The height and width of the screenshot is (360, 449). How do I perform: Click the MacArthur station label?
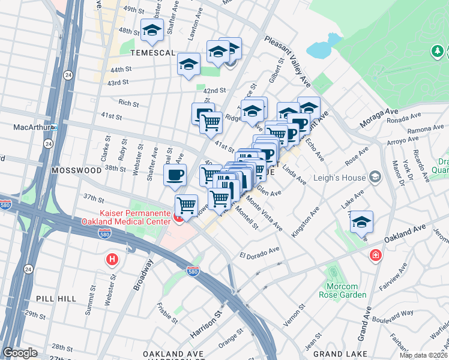[31, 127]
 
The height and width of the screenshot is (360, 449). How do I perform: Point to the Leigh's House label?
[342, 176]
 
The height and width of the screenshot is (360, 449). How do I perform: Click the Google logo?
[20, 353]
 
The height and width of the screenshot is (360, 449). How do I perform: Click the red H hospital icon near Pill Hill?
[111, 260]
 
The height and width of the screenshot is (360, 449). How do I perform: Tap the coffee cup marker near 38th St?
[175, 175]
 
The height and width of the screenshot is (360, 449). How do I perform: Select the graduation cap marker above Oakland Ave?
[361, 222]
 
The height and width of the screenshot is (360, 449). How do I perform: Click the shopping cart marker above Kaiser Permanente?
[186, 206]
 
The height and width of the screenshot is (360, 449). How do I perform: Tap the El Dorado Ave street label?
[260, 250]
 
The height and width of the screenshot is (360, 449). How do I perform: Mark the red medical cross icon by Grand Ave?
[376, 255]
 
